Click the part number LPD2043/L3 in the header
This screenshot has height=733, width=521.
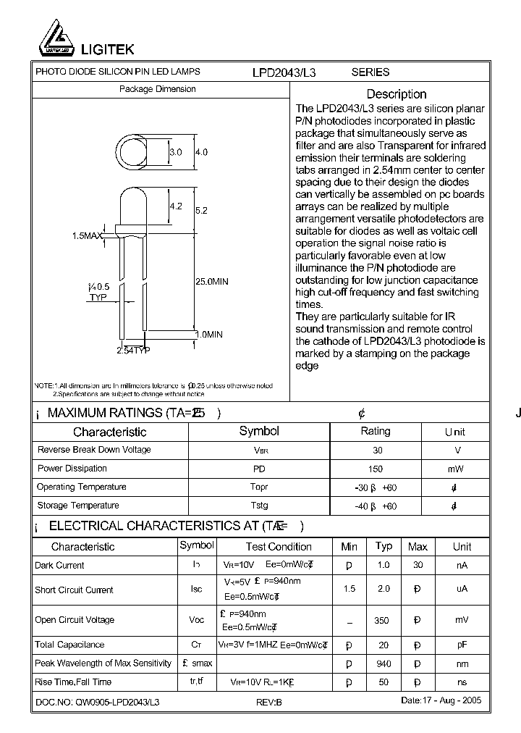click(x=284, y=72)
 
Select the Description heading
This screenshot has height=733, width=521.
click(x=396, y=94)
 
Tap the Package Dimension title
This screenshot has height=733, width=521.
click(x=157, y=89)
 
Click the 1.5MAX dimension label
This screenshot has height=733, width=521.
click(x=87, y=236)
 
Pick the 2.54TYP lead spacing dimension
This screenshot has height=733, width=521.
click(x=133, y=351)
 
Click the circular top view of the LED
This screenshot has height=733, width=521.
click(x=135, y=153)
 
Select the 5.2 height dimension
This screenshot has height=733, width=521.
click(x=201, y=210)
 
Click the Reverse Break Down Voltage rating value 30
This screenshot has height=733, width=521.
click(x=377, y=451)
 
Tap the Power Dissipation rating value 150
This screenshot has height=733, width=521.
click(x=377, y=469)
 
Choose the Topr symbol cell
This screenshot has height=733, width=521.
click(x=258, y=487)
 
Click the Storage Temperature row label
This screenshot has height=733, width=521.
click(x=78, y=506)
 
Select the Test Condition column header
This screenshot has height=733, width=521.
click(x=279, y=547)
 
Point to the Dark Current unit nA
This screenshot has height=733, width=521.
click(x=462, y=566)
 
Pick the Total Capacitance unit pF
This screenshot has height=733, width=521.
click(x=462, y=645)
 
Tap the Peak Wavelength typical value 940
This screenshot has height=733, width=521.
click(x=384, y=664)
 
